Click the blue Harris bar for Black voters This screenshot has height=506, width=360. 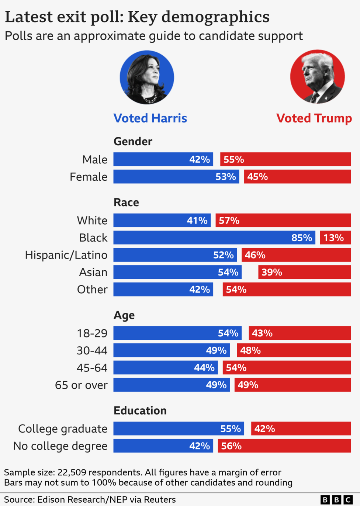click(214, 238)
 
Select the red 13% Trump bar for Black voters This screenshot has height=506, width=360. click(335, 238)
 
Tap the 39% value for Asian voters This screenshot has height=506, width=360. click(272, 272)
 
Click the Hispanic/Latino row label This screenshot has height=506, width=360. click(66, 255)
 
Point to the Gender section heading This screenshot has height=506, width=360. click(133, 141)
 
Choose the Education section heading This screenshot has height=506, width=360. click(140, 410)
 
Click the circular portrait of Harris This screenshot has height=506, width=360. click(147, 77)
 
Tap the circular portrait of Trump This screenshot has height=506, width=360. click(318, 77)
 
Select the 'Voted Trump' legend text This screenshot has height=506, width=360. click(314, 118)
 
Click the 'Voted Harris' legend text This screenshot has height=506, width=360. click(150, 118)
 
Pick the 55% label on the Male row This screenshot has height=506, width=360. click(234, 159)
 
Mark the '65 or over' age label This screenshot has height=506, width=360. click(81, 385)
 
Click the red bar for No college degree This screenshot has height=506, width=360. click(284, 446)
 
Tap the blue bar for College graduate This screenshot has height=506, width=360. click(179, 429)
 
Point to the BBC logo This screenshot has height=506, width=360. click(336, 500)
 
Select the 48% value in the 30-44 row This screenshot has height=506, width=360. click(250, 350)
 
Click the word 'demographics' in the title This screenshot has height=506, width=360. click(215, 17)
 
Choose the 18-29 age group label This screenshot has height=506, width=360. click(92, 333)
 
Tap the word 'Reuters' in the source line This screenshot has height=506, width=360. click(160, 500)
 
